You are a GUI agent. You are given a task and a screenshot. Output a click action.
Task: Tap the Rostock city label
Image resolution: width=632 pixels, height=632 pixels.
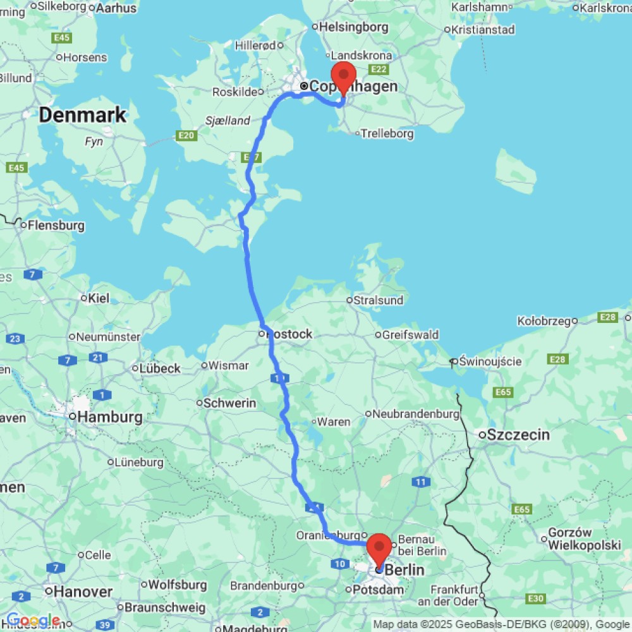click(x=290, y=334)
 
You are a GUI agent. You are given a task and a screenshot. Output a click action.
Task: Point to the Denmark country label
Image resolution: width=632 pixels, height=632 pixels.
click(x=83, y=116)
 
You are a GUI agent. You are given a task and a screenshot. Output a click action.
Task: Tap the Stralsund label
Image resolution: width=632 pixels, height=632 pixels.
click(x=378, y=300)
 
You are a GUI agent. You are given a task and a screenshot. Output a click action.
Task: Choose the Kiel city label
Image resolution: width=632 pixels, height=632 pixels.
click(x=99, y=298)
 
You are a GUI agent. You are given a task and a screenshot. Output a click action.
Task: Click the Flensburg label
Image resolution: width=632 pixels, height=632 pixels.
click(x=56, y=225)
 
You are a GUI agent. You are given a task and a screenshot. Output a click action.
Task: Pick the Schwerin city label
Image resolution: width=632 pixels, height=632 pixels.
click(x=229, y=403)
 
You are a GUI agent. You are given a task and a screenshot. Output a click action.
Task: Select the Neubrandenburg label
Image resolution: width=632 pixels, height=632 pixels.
click(x=416, y=414)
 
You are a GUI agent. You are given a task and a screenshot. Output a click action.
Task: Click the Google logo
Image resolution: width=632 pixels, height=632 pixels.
click(x=33, y=621)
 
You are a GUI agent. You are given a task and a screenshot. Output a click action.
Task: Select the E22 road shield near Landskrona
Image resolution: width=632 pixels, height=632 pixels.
click(x=380, y=69)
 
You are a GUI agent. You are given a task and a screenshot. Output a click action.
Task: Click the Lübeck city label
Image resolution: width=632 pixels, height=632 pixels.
click(x=161, y=368)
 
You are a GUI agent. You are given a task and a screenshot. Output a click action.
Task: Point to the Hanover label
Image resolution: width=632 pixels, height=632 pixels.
click(x=83, y=592)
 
